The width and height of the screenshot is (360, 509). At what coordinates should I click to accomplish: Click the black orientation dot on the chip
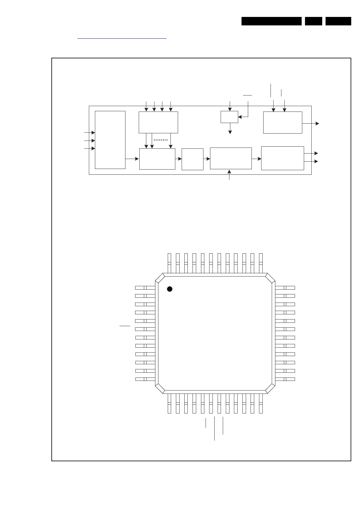[x=170, y=289]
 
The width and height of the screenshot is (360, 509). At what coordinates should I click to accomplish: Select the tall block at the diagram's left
[x=110, y=140]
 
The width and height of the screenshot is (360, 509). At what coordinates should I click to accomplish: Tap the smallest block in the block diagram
[x=229, y=117]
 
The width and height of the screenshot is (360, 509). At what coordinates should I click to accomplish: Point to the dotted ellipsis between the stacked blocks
[x=161, y=140]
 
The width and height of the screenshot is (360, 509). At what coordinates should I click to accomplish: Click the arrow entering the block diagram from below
[x=229, y=175]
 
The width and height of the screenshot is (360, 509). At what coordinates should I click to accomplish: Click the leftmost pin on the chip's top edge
[x=169, y=263]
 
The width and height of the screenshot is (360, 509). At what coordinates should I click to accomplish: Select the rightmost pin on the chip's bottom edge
[x=261, y=404]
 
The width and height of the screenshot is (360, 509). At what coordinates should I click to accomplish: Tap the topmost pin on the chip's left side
[x=145, y=287]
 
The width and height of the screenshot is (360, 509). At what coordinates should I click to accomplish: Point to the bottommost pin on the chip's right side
[x=285, y=379]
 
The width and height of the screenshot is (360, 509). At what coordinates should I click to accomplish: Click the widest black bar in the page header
[x=271, y=21]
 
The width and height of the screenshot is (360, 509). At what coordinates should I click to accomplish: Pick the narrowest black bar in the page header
[x=313, y=21]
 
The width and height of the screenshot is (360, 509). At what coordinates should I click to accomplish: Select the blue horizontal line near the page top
[x=122, y=39]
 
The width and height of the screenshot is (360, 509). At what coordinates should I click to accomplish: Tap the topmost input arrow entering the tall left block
[x=89, y=132]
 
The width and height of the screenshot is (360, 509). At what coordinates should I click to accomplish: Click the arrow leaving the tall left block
[x=132, y=159]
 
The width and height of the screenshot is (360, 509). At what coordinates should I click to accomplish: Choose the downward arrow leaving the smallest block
[x=230, y=128]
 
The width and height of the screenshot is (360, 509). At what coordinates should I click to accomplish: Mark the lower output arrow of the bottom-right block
[x=311, y=161]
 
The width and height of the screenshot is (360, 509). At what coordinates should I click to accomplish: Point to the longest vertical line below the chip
[x=214, y=428]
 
